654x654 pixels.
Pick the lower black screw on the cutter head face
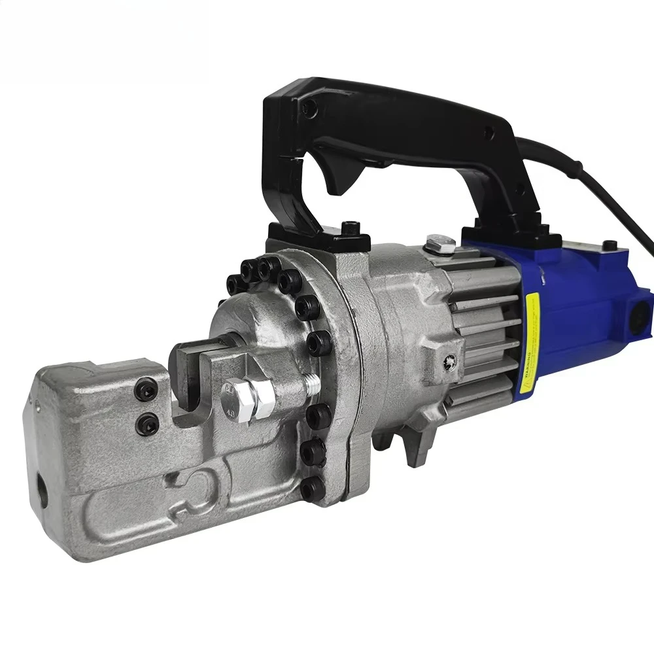pyautogui.click(x=148, y=424)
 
